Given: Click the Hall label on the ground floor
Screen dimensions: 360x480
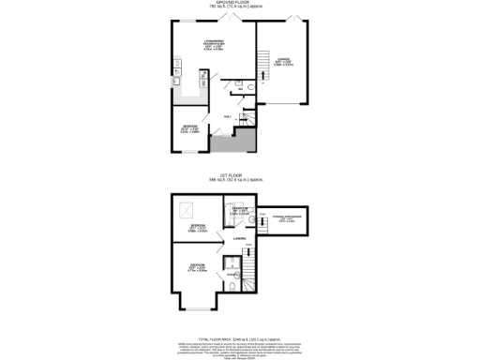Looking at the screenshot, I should coord(228,117).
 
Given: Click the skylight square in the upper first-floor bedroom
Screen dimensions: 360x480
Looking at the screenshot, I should coord(184,208).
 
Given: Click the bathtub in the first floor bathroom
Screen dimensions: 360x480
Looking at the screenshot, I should coord(248,275).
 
